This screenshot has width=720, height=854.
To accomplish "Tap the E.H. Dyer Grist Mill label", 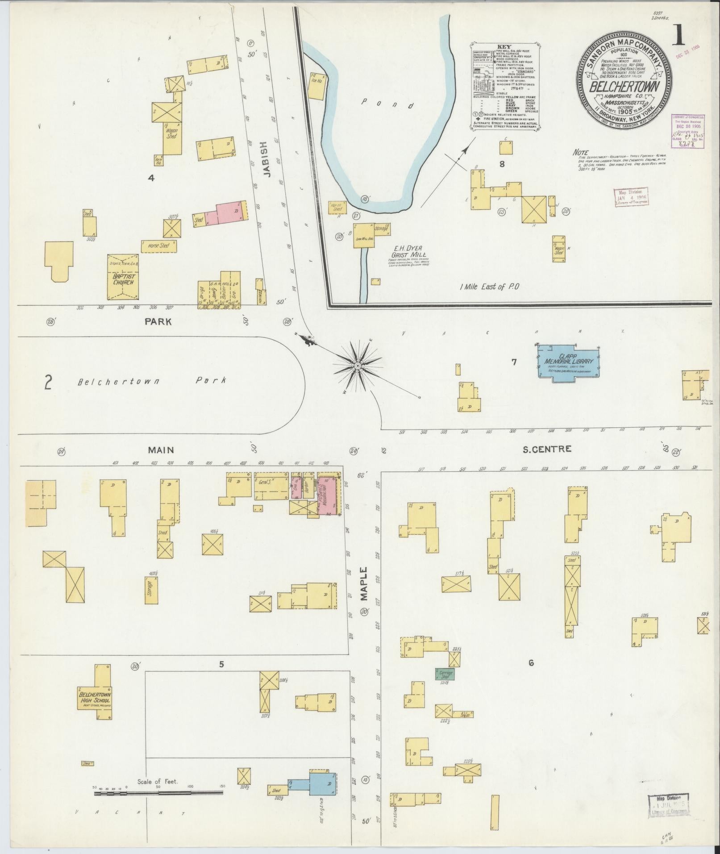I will pos(408,253).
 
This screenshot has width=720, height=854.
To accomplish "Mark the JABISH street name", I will pos(263,159).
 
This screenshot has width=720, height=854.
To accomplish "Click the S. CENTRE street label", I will pos(547,449).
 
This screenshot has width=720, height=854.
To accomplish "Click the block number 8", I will pos(502,164).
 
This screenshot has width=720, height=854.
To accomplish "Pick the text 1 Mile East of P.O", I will pos(490,287).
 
